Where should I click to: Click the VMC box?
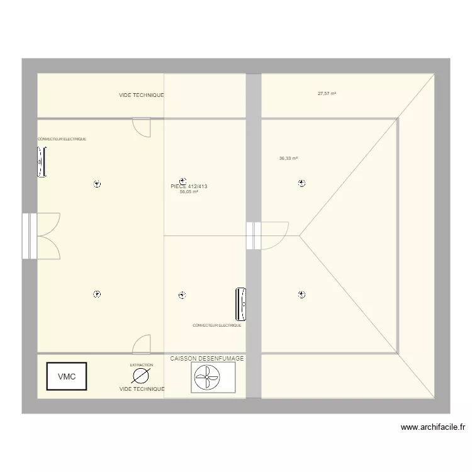pyautogui.click(x=66, y=377)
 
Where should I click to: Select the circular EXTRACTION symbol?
pyautogui.click(x=141, y=376)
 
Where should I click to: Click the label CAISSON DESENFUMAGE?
pyautogui.click(x=206, y=358)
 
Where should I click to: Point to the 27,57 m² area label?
pyautogui.click(x=327, y=93)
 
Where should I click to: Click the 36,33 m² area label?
pyautogui.click(x=288, y=159)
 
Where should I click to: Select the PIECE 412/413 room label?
pyautogui.click(x=189, y=186)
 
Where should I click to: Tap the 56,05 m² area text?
pyautogui.click(x=189, y=192)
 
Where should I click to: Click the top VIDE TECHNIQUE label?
pyautogui.click(x=142, y=95)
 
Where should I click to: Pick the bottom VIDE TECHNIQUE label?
pyautogui.click(x=142, y=389)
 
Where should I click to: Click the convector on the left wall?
pyautogui.click(x=42, y=162)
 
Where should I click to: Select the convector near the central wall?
pyautogui.click(x=240, y=303)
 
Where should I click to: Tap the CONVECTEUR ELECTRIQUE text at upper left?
pyautogui.click(x=62, y=139)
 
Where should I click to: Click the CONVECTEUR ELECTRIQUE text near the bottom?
pyautogui.click(x=216, y=325)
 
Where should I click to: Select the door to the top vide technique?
pyautogui.click(x=142, y=126)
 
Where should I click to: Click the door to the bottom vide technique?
pyautogui.click(x=142, y=344)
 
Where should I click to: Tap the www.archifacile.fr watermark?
pyautogui.click(x=433, y=427)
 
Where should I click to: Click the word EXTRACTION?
pyautogui.click(x=141, y=365)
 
